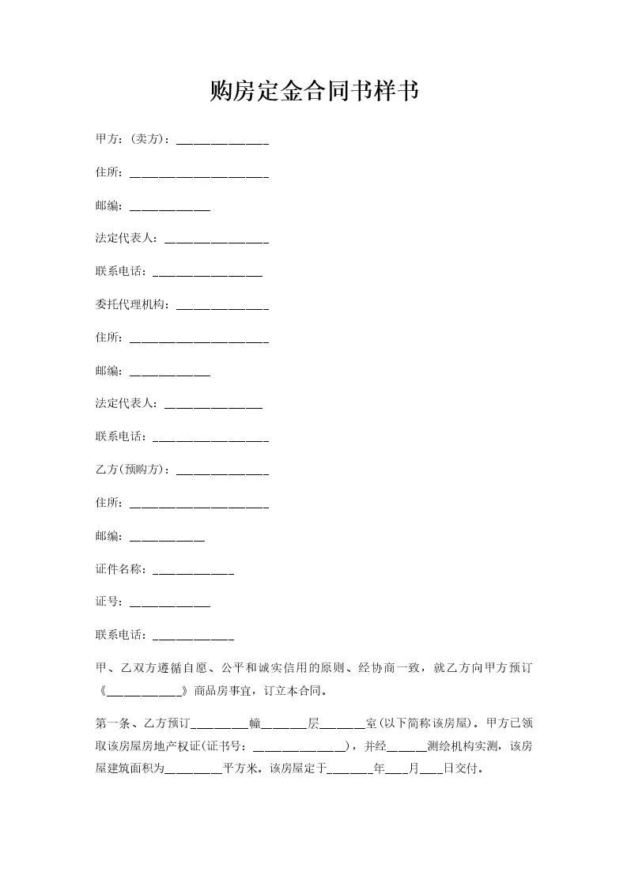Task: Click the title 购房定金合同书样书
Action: click(x=313, y=92)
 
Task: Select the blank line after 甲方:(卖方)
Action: click(x=222, y=142)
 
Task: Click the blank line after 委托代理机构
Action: click(x=222, y=308)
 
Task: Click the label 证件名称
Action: click(x=120, y=568)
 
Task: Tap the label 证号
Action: click(x=108, y=602)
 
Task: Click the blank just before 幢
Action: click(x=220, y=726)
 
